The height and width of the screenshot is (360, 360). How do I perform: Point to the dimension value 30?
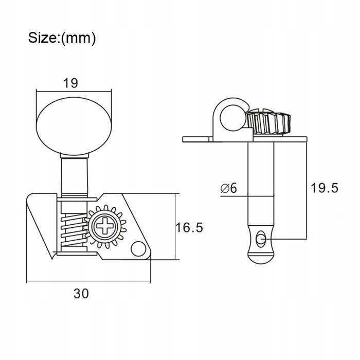[x=81, y=294]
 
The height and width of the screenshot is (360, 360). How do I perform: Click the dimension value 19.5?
[x=324, y=188]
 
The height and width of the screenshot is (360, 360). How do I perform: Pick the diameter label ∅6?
[x=229, y=189]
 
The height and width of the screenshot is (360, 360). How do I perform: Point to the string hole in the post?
[x=261, y=238]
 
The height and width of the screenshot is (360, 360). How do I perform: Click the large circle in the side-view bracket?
[x=229, y=118]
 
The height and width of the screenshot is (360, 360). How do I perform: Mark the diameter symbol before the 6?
[x=224, y=189]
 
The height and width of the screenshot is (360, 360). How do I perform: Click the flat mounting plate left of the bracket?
[x=196, y=138]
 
